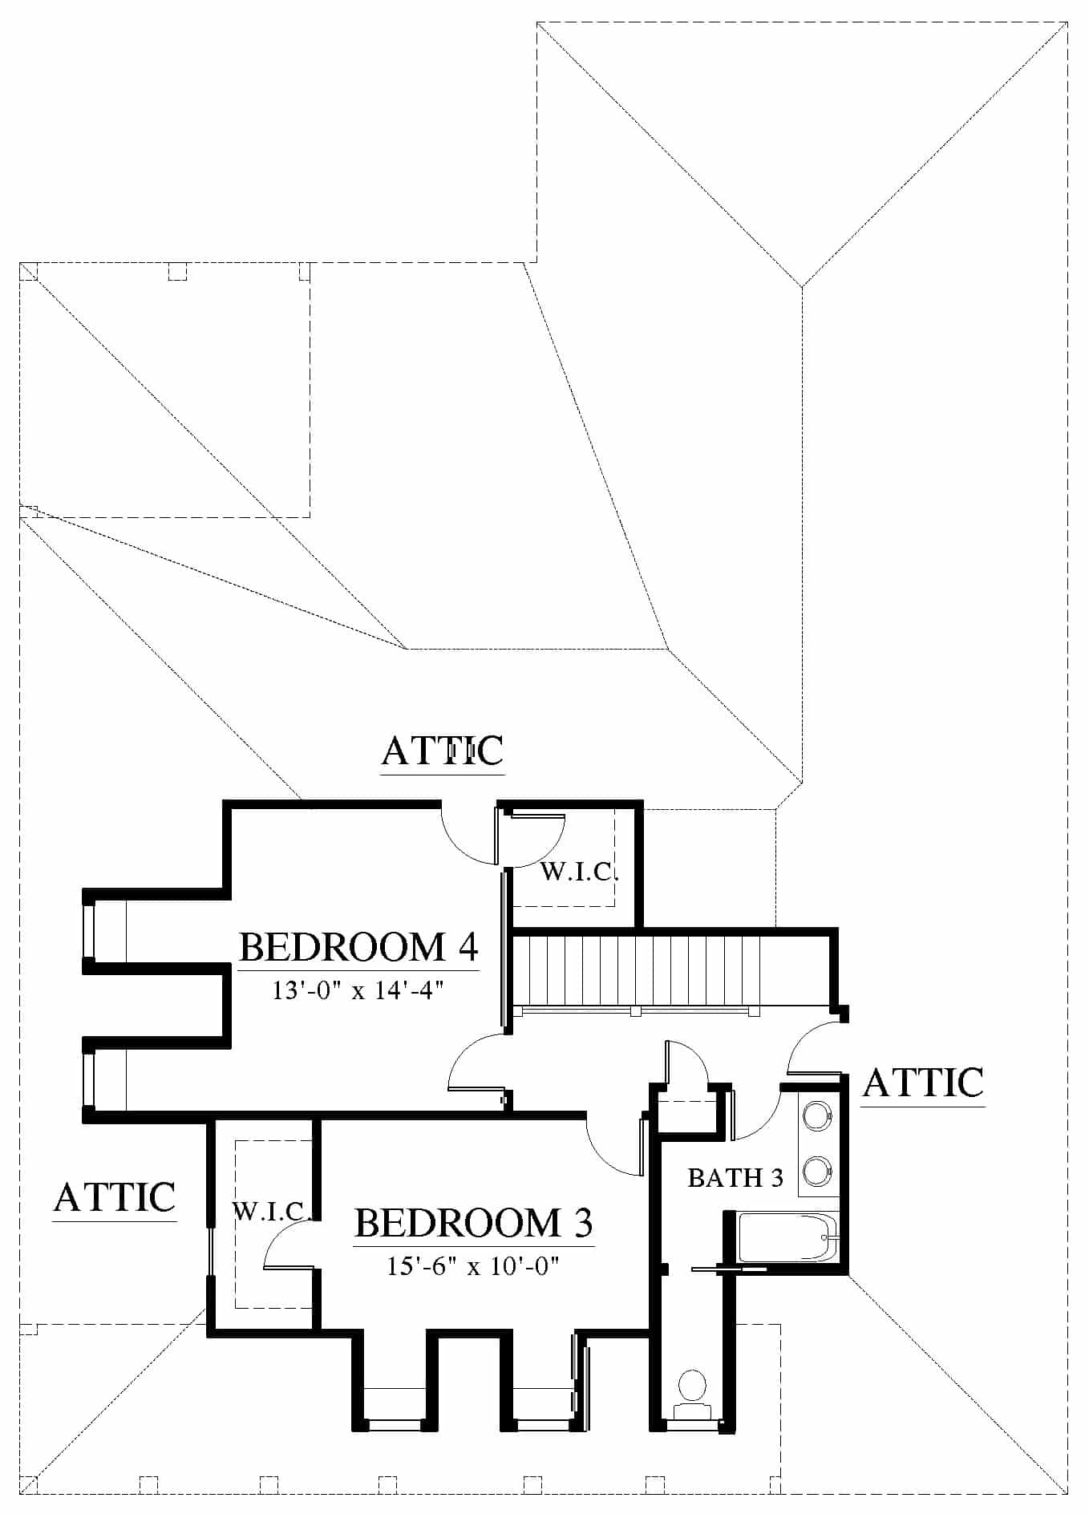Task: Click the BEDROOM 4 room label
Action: pos(358,947)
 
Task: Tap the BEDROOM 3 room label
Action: pos(473,1223)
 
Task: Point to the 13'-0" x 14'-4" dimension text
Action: pos(358,991)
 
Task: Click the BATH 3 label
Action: pos(735,1178)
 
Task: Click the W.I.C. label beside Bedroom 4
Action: pos(579,872)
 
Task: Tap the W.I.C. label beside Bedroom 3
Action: pos(271,1211)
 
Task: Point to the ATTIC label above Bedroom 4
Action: pos(443,751)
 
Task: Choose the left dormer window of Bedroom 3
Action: pos(394,1424)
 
